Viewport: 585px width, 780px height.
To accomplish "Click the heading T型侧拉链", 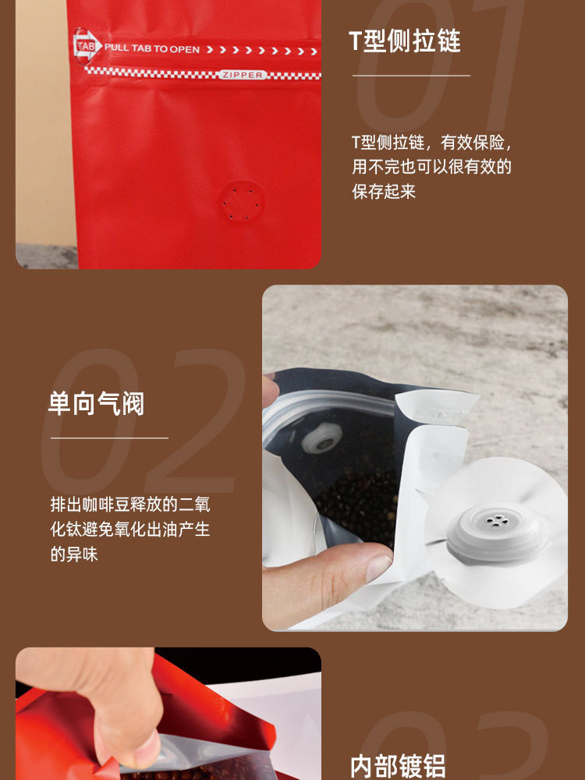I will tap(404, 41).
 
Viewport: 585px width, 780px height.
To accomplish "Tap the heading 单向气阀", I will tap(96, 403).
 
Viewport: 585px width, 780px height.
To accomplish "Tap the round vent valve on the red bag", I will tap(241, 203).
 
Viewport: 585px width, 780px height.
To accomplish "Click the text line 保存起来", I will tap(384, 191).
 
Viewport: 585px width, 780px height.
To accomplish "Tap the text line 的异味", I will tap(74, 555).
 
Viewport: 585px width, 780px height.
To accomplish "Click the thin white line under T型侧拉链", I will tap(411, 76).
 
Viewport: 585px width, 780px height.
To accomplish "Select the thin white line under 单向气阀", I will tap(109, 438).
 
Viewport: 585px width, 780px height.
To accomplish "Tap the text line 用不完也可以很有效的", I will tap(431, 167).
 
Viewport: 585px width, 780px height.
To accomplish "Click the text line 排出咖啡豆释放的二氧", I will tap(130, 504).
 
